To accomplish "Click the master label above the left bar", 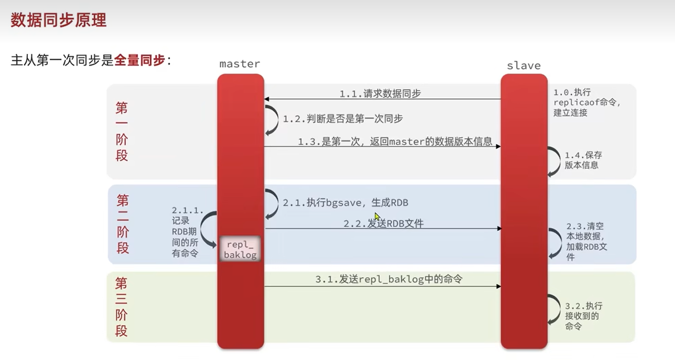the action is point(240,64).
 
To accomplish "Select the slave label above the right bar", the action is point(524,66).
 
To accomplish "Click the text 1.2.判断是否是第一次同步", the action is point(343,119).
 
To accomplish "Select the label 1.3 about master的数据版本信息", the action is point(395,142).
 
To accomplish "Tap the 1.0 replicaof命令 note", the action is point(587,102).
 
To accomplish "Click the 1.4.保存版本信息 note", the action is point(582,160).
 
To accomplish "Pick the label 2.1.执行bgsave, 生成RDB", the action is point(345,203).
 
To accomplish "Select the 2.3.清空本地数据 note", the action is point(587,242).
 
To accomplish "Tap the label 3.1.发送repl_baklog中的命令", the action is point(389,279).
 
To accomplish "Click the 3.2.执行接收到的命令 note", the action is point(583,316).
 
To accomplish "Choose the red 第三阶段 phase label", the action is point(121,307).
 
